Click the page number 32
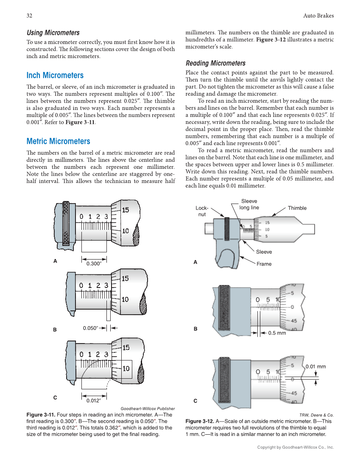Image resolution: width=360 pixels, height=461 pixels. (x=30, y=16)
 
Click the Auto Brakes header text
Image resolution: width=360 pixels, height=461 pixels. (x=318, y=16)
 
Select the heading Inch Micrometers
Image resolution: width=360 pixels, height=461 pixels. (x=55, y=75)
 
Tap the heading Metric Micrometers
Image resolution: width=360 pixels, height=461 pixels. (x=58, y=141)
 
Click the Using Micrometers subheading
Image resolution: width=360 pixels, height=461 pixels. (x=53, y=33)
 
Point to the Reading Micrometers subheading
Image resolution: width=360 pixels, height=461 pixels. (x=215, y=63)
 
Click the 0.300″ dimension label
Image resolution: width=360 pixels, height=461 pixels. (x=94, y=264)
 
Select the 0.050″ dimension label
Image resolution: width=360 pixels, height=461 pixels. (x=91, y=328)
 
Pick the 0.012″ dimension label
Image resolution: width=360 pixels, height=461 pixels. (x=93, y=400)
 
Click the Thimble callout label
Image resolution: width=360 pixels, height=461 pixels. (x=297, y=208)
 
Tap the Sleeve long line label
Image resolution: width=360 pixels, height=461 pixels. (x=249, y=204)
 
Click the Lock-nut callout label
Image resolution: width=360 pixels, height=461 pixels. (x=202, y=211)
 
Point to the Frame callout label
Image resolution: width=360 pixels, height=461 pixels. (x=264, y=264)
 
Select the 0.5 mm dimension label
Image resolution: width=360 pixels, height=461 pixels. (x=277, y=333)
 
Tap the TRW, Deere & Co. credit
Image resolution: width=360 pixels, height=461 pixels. (x=316, y=415)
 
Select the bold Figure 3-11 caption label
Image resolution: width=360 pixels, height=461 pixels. (x=40, y=415)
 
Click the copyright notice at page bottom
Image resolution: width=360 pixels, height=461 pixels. (x=296, y=447)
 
